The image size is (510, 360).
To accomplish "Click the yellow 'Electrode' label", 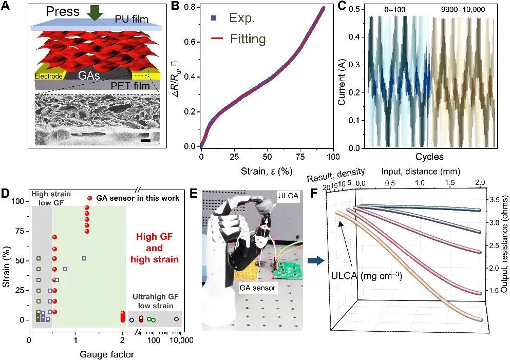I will coord(48,77).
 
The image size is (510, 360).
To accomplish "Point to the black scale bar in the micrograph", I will coord(145,139).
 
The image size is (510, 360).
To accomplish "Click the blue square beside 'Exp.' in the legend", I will coord(214,20).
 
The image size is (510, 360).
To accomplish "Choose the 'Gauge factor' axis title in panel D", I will coord(107,354).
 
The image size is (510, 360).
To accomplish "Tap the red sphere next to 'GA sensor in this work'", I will coord(90,198).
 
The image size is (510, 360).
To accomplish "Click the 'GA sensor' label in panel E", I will coord(257,288).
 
